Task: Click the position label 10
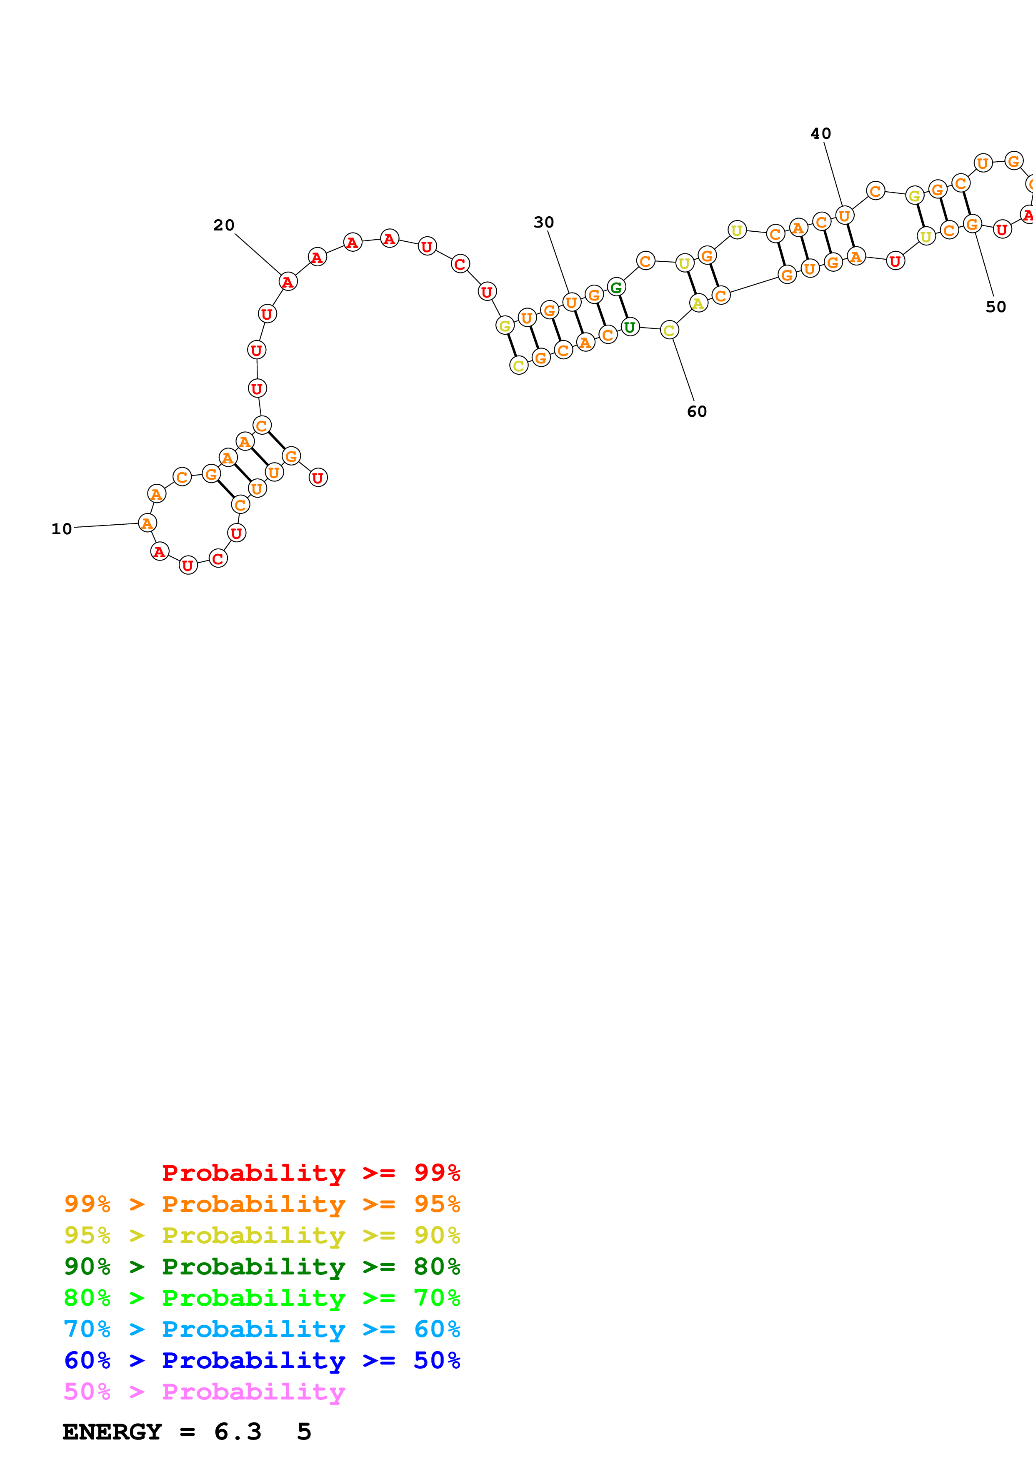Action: [x=62, y=529]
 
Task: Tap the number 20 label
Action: [x=223, y=225]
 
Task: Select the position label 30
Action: [x=543, y=222]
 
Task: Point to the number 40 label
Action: [x=820, y=134]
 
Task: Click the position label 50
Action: [x=995, y=307]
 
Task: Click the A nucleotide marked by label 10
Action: [x=147, y=523]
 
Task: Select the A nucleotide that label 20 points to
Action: [x=288, y=281]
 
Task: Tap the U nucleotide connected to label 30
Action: [x=572, y=303]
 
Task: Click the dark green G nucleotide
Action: [x=616, y=287]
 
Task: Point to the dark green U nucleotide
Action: [x=630, y=327]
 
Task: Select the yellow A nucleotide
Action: [x=698, y=304]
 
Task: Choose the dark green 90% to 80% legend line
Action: [x=262, y=1267]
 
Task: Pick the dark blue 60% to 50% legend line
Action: [x=262, y=1361]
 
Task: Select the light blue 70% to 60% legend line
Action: [x=262, y=1329]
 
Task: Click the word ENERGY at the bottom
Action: [x=112, y=1432]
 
